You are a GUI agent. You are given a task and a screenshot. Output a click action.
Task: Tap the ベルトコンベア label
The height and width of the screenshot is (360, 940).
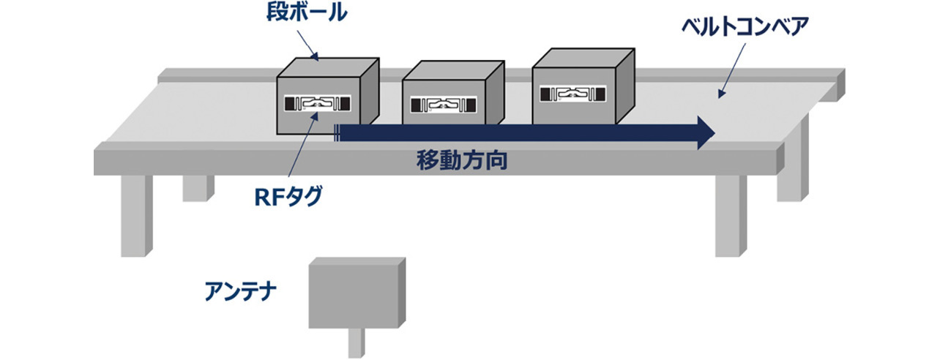744,28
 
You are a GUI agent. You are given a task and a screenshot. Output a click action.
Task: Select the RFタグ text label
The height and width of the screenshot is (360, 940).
291,196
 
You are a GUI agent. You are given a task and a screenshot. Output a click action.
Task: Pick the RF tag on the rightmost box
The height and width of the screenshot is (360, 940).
573,93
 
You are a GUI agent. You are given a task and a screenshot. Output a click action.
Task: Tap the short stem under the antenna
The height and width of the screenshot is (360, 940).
355,343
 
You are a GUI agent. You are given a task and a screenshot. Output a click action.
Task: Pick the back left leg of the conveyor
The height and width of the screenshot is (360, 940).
194,187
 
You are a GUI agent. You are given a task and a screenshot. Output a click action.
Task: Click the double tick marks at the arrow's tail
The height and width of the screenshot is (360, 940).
336,132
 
